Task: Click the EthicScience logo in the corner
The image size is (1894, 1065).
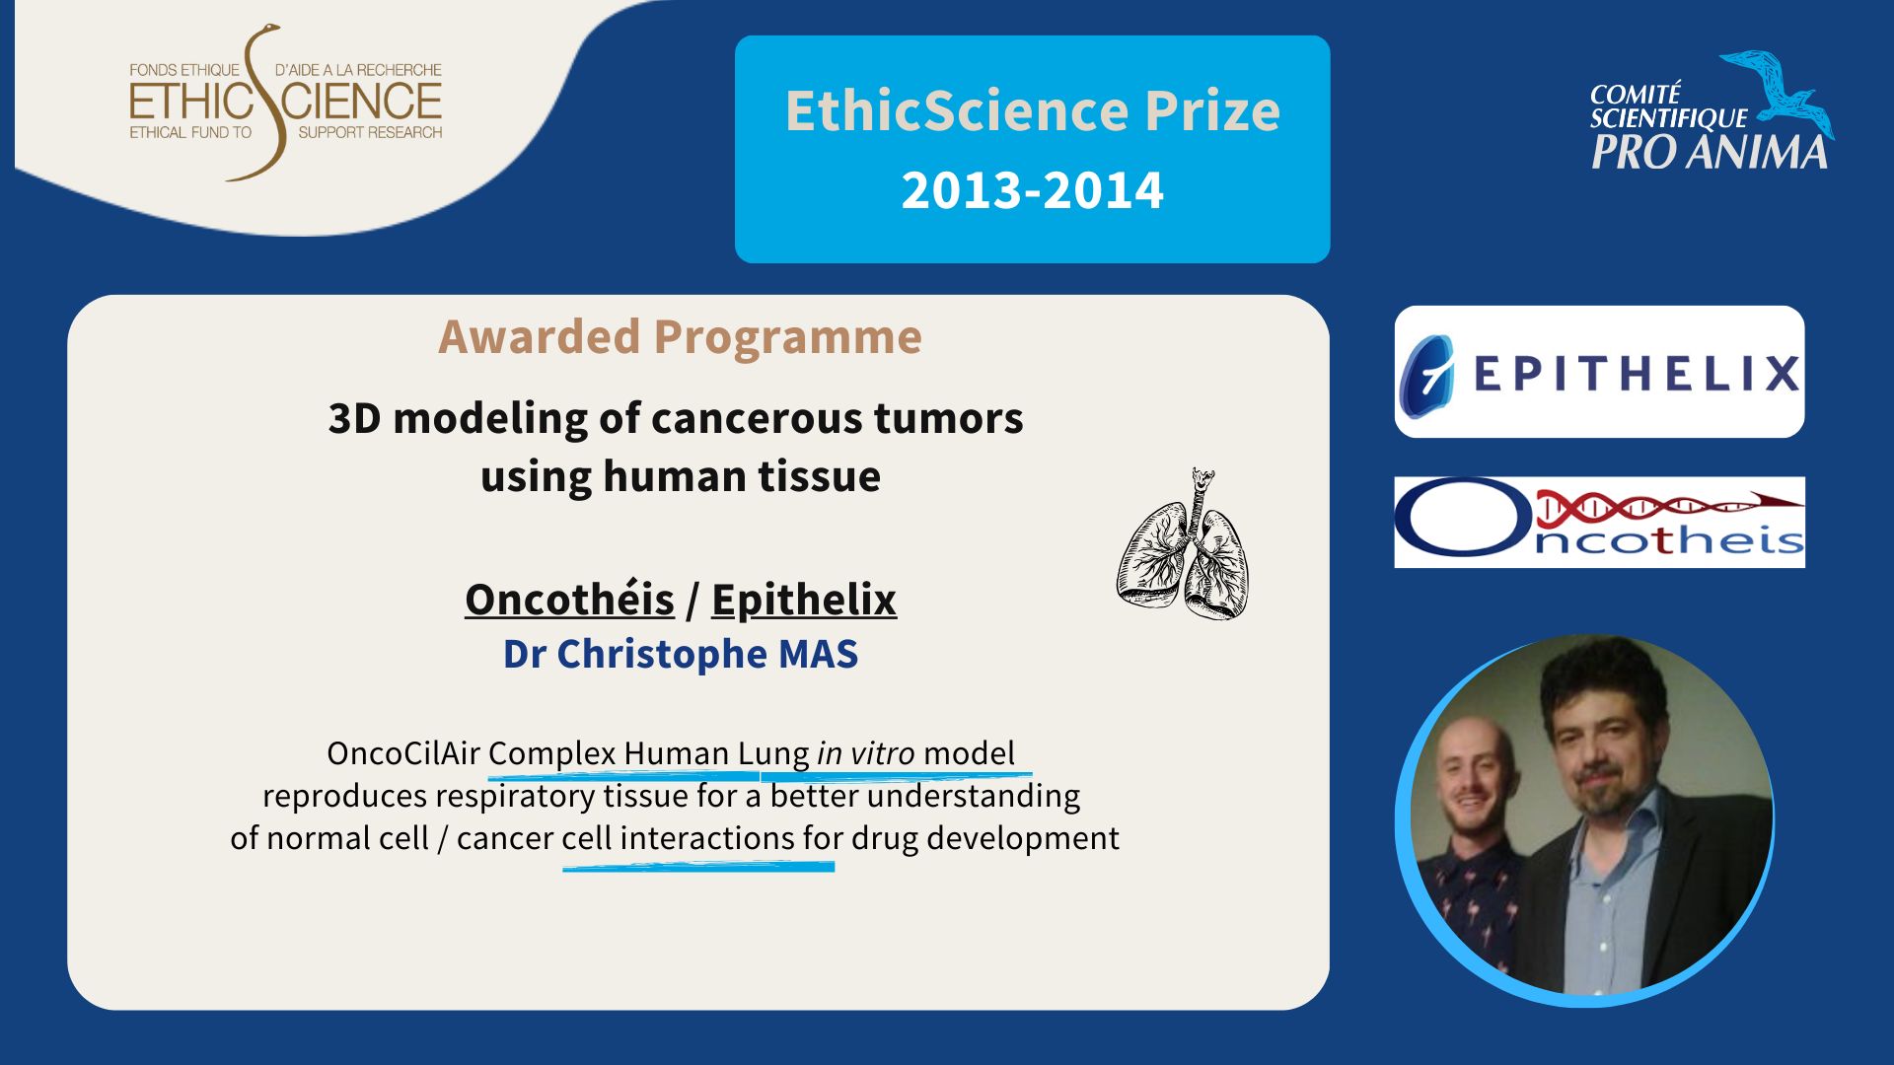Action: click(x=286, y=103)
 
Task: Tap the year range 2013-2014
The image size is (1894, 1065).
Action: click(x=1032, y=190)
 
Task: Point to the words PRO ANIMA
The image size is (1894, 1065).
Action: click(x=1710, y=152)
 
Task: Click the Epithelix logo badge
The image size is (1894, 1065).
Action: click(x=1599, y=372)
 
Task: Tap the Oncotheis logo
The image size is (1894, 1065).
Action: click(x=1599, y=522)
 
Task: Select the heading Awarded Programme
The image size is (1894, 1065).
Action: click(x=681, y=337)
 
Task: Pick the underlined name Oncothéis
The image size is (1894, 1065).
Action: click(x=569, y=600)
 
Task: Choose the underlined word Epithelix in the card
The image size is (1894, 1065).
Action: click(x=804, y=600)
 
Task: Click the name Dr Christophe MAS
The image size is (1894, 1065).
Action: click(x=681, y=654)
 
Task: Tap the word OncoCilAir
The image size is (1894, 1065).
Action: click(x=403, y=753)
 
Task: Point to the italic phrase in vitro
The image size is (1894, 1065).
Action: click(x=866, y=753)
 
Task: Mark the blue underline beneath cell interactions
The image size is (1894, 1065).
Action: click(x=698, y=867)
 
